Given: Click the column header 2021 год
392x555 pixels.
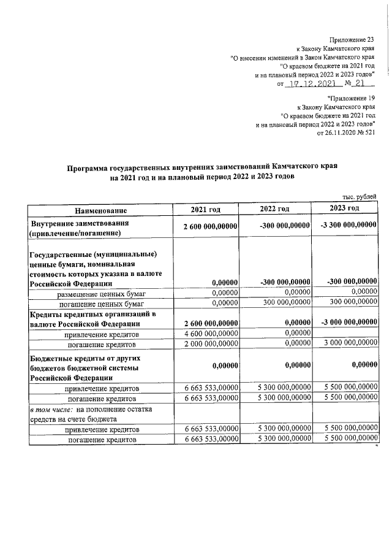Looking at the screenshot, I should [x=205, y=210].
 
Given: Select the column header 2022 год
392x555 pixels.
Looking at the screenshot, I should [x=274, y=210].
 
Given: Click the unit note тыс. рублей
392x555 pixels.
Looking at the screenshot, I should [x=359, y=196].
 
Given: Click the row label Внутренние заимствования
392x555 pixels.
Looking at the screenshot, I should [x=80, y=223].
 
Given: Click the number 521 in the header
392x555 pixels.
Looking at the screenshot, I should [x=369, y=133].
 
